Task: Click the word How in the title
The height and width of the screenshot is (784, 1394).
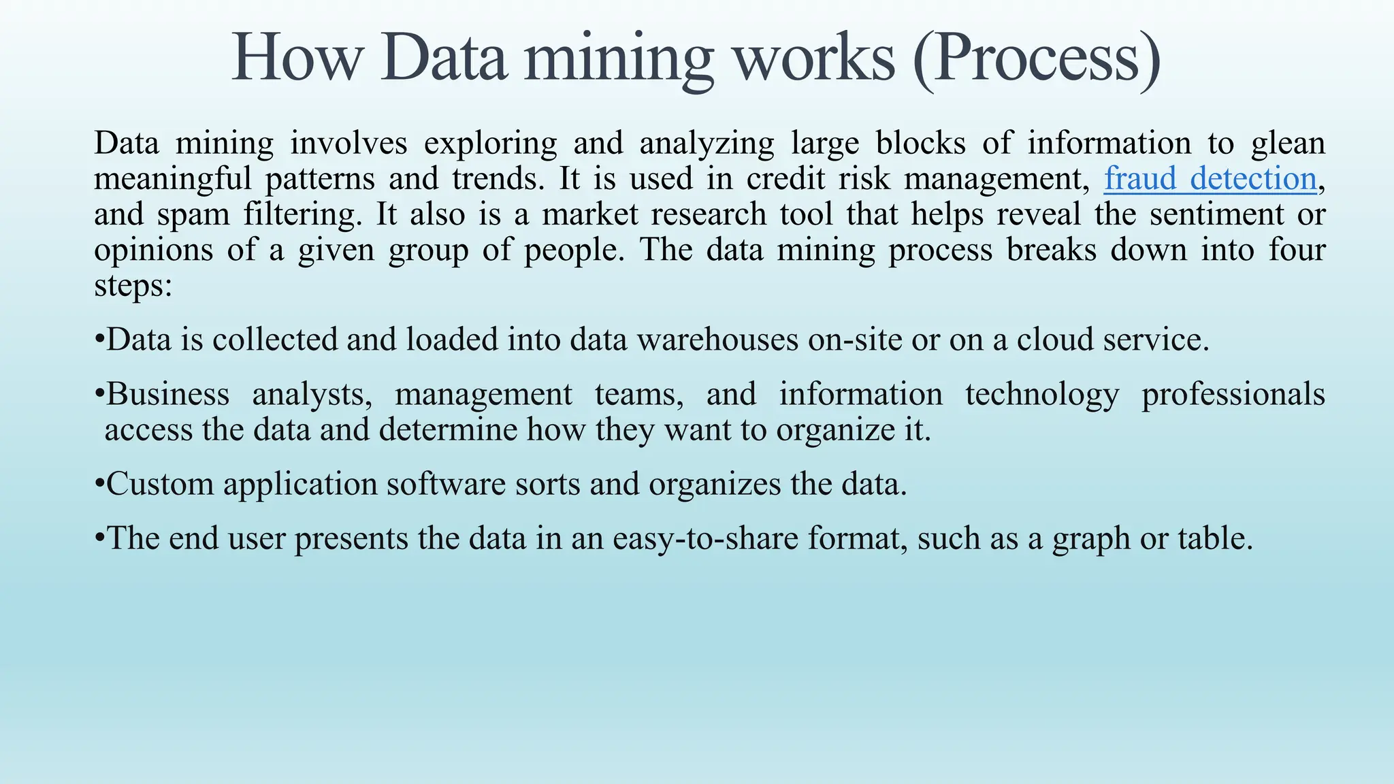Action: (x=296, y=59)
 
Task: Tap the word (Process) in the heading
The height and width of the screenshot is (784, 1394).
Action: (x=1036, y=59)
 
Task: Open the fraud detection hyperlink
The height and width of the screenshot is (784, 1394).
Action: (x=1210, y=178)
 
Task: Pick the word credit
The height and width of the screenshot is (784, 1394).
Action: (x=785, y=178)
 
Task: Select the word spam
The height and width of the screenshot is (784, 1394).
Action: (x=193, y=215)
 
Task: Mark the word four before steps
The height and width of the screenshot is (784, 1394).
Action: (x=1297, y=250)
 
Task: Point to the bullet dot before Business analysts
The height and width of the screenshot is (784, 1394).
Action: (x=99, y=394)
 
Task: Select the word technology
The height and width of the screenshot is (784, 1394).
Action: (x=1041, y=395)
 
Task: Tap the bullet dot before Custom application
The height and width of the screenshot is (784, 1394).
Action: (x=99, y=484)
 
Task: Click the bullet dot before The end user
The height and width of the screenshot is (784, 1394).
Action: (x=99, y=538)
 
